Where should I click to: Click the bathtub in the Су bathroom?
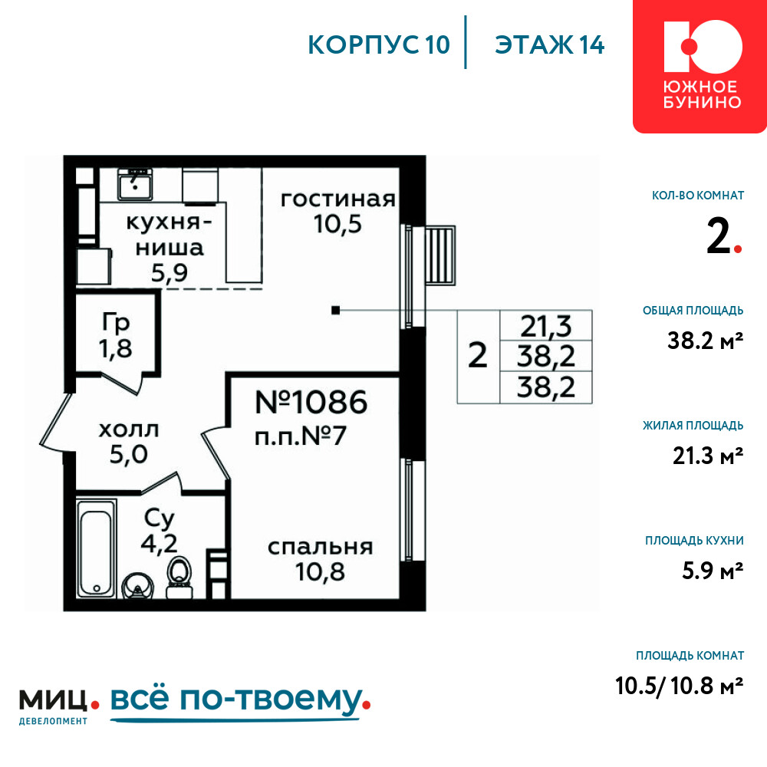[97, 548]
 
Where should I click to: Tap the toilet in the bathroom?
[179, 578]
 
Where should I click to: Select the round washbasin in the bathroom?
[137, 586]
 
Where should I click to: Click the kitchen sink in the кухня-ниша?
[134, 184]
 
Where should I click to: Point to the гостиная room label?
[338, 199]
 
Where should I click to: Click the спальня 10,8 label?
[321, 559]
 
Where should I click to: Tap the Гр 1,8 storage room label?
[116, 336]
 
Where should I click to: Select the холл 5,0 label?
[129, 443]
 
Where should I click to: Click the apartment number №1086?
[311, 402]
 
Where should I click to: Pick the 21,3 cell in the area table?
[545, 326]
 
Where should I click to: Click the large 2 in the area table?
[477, 356]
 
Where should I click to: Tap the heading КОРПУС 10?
[379, 45]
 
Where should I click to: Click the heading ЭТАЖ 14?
[550, 45]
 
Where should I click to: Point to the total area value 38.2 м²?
[706, 341]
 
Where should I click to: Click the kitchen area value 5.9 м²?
[713, 571]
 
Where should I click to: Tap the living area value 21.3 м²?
[708, 456]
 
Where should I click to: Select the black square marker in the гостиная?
[336, 310]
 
